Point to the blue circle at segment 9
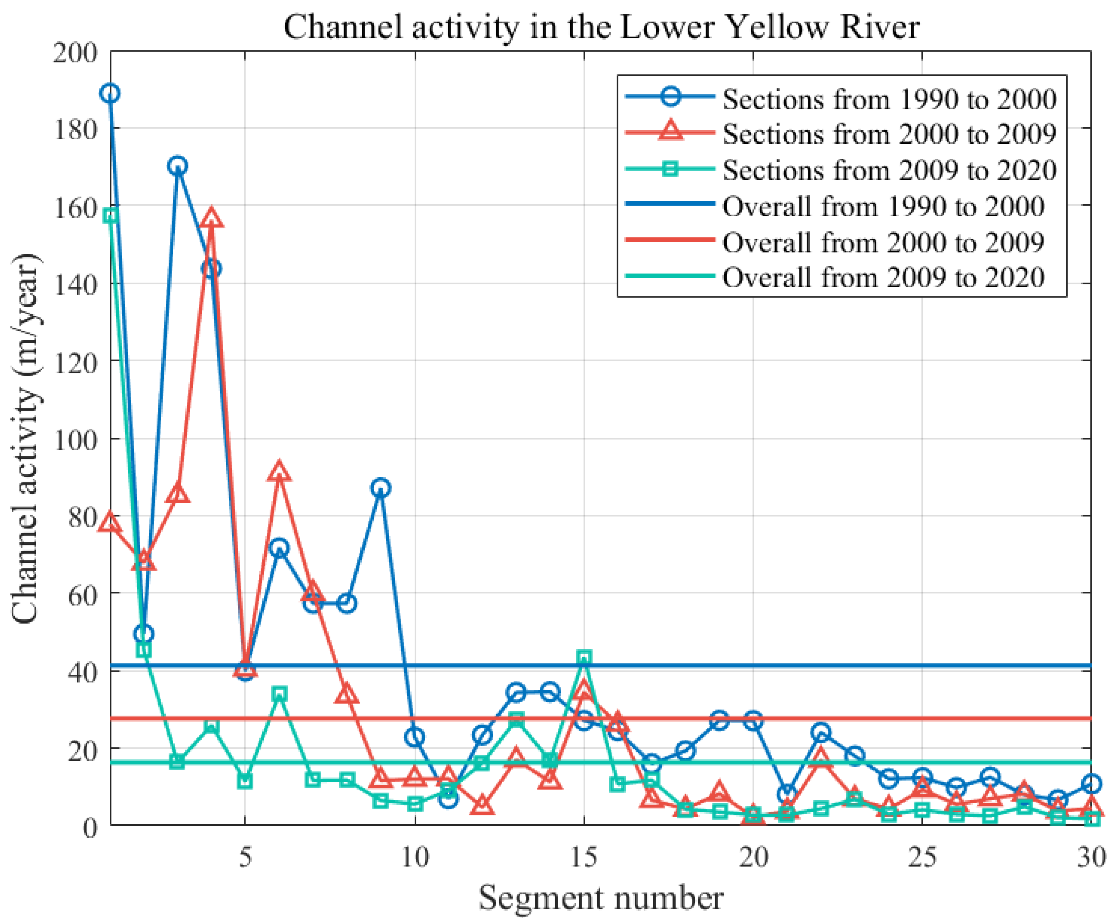click(380, 488)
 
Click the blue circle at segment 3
click(178, 166)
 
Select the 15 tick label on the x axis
click(583, 858)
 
